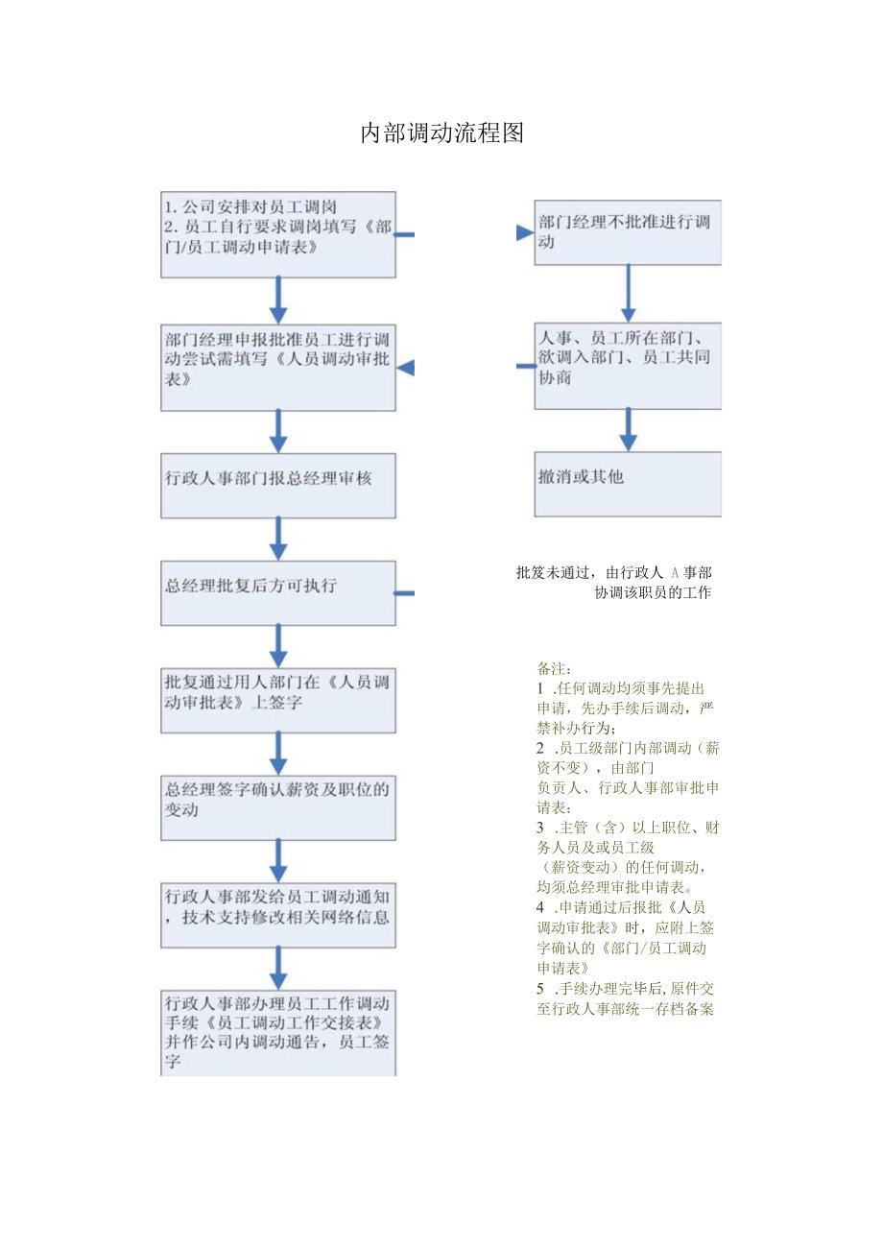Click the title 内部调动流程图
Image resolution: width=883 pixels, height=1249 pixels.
click(x=442, y=133)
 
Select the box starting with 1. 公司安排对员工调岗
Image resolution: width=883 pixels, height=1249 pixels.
click(x=278, y=235)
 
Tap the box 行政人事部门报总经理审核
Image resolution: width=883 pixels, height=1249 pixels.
click(x=278, y=479)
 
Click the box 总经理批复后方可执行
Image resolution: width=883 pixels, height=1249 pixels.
click(x=278, y=587)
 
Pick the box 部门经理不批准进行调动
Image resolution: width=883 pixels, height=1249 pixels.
click(x=628, y=232)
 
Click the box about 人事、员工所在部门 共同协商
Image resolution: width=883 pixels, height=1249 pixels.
click(x=628, y=366)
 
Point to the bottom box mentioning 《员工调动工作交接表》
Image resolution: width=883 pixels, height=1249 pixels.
click(x=278, y=1033)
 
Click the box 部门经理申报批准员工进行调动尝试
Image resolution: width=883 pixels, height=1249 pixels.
click(x=278, y=368)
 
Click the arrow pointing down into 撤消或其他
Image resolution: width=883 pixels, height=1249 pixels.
click(x=628, y=431)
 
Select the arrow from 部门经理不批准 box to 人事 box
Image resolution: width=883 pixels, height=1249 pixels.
click(x=628, y=294)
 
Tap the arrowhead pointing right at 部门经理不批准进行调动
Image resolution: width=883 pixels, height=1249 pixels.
click(x=524, y=232)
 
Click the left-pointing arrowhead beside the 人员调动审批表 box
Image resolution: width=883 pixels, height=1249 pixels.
click(x=406, y=368)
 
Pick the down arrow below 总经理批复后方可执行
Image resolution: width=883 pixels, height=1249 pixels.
click(x=278, y=645)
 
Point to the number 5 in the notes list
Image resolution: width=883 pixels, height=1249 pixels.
click(x=541, y=988)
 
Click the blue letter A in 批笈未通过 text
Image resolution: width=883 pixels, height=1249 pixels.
click(x=675, y=573)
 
